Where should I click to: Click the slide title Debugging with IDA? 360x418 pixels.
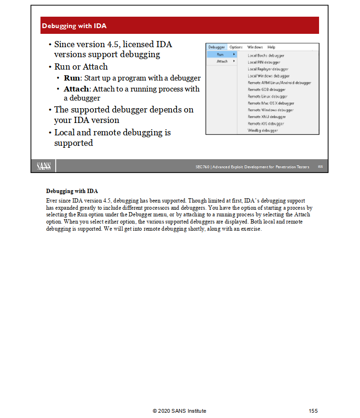click(x=74, y=26)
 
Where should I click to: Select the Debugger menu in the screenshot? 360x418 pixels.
click(x=217, y=47)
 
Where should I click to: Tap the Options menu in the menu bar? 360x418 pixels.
click(x=236, y=47)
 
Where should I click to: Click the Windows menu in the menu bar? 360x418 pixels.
click(x=255, y=47)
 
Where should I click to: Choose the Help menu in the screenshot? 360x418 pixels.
click(x=271, y=47)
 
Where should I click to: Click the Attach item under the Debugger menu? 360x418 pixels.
click(x=222, y=61)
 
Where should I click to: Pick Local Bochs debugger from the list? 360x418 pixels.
click(x=266, y=56)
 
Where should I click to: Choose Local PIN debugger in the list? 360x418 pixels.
click(x=264, y=62)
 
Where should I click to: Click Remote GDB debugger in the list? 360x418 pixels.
click(x=266, y=90)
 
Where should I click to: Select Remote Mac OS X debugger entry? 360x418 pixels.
click(x=270, y=103)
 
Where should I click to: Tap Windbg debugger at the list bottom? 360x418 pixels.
click(x=262, y=130)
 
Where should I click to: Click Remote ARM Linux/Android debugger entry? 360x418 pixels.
click(x=279, y=83)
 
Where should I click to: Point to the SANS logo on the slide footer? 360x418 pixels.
click(x=44, y=166)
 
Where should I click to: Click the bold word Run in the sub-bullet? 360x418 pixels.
click(x=72, y=78)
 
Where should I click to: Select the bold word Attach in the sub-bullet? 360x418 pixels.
click(x=76, y=89)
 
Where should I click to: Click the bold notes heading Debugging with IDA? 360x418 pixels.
click(x=72, y=191)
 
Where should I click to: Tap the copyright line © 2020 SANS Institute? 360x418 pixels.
click(x=180, y=411)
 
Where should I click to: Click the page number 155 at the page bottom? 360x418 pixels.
click(x=313, y=411)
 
